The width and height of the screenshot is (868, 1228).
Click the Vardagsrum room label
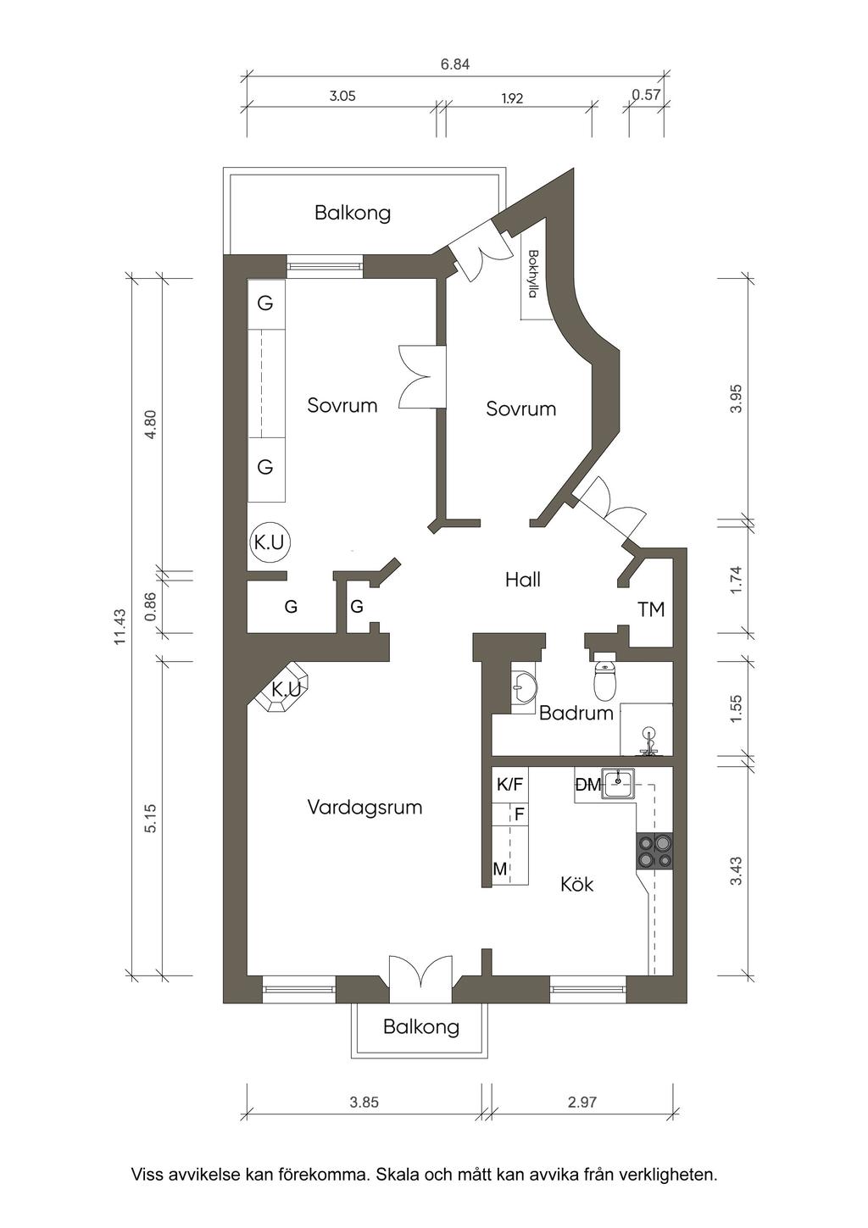tap(364, 807)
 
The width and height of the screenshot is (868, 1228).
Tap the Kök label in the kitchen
tap(577, 884)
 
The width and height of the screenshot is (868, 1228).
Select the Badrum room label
tap(576, 713)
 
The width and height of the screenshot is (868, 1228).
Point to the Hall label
tap(523, 580)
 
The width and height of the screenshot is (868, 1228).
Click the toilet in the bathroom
tap(605, 678)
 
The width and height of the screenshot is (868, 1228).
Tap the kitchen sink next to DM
tap(619, 783)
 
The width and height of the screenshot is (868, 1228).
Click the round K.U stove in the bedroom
tap(270, 542)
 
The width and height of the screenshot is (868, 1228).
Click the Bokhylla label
tap(531, 274)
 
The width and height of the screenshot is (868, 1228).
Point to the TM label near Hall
tap(651, 609)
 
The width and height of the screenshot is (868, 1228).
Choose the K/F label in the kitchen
tap(510, 785)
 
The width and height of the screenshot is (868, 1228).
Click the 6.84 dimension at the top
tap(456, 64)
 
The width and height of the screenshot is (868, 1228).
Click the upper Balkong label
tap(353, 213)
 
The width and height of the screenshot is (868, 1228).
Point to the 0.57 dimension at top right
tap(646, 94)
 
